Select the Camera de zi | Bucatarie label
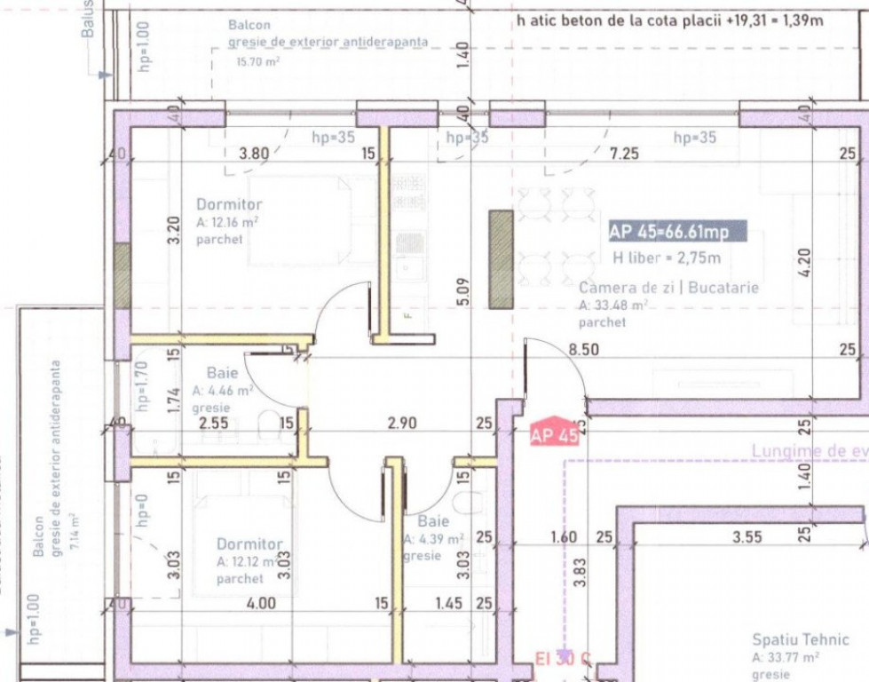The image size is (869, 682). pyautogui.click(x=669, y=288)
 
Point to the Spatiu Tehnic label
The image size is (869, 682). pyautogui.click(x=801, y=639)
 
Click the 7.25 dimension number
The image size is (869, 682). pyautogui.click(x=623, y=154)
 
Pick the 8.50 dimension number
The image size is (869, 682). pyautogui.click(x=584, y=350)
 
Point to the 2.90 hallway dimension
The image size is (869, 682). pyautogui.click(x=402, y=424)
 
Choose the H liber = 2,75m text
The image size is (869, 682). pyautogui.click(x=666, y=258)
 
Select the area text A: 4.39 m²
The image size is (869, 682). pyautogui.click(x=433, y=539)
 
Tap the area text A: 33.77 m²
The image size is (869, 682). pyautogui.click(x=785, y=658)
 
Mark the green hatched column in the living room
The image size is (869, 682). pyautogui.click(x=501, y=259)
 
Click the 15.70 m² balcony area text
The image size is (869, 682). pyautogui.click(x=257, y=62)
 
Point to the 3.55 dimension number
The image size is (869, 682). pyautogui.click(x=748, y=536)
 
